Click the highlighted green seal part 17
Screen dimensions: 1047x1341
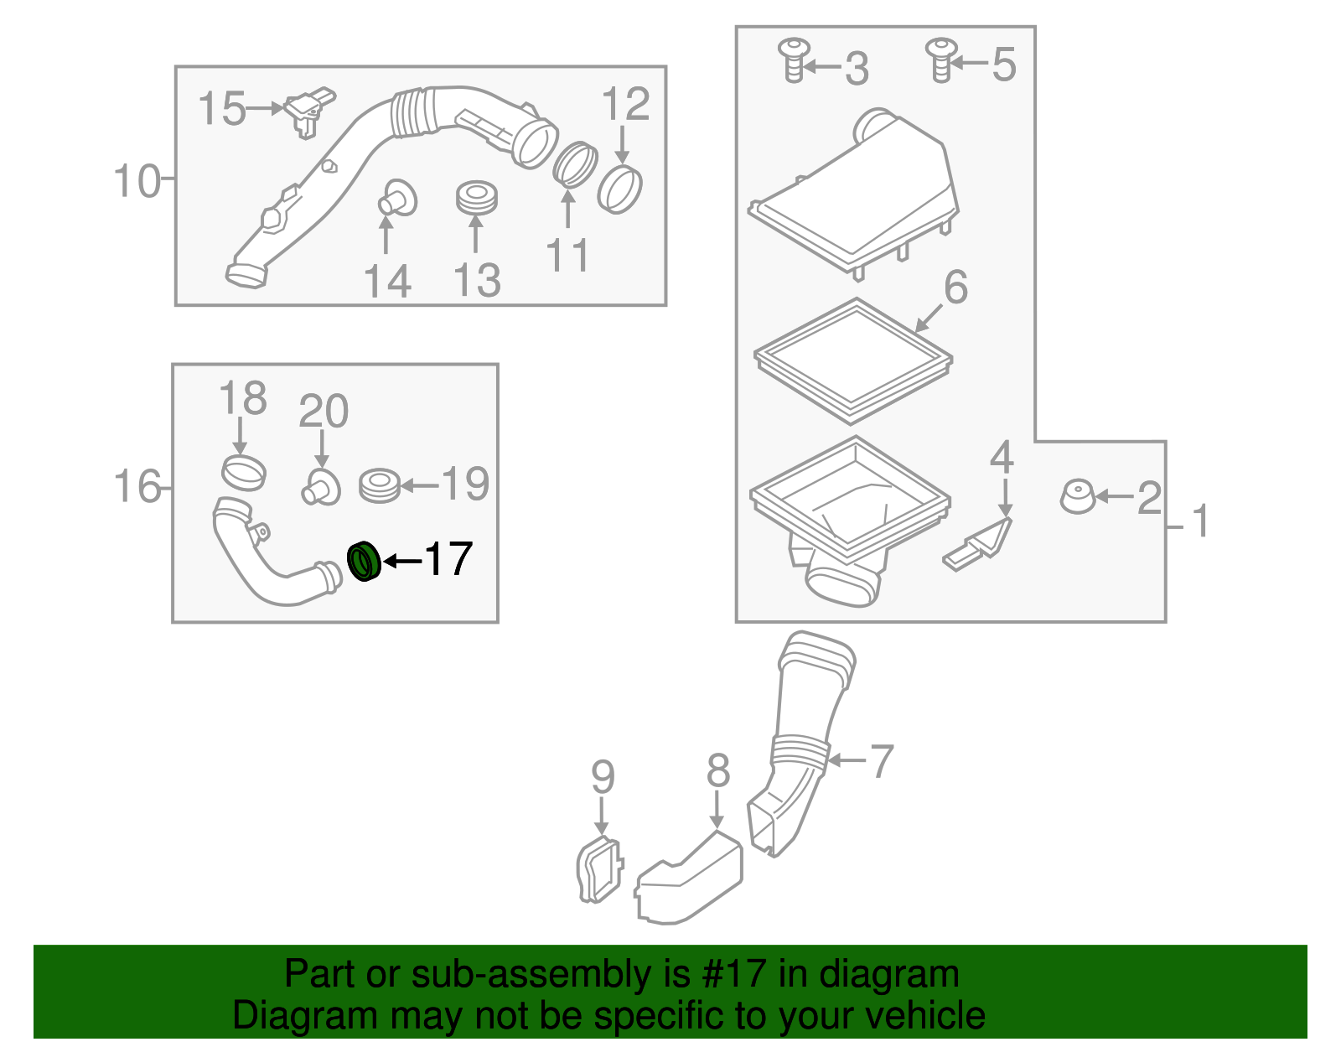[x=364, y=562]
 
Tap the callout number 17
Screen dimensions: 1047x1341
[x=448, y=559]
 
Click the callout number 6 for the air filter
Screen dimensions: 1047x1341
[x=955, y=288]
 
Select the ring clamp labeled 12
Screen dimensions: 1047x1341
[x=620, y=189]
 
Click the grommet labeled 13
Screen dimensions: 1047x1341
[x=476, y=198]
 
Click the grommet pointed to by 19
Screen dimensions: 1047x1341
[x=379, y=485]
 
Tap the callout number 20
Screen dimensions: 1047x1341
[x=324, y=412]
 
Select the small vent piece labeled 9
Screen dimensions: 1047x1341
[x=599, y=870]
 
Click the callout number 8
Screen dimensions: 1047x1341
[x=718, y=771]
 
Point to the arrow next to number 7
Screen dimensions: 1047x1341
[x=847, y=760]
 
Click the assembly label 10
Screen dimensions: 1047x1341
[x=137, y=181]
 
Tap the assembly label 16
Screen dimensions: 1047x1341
[x=137, y=487]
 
